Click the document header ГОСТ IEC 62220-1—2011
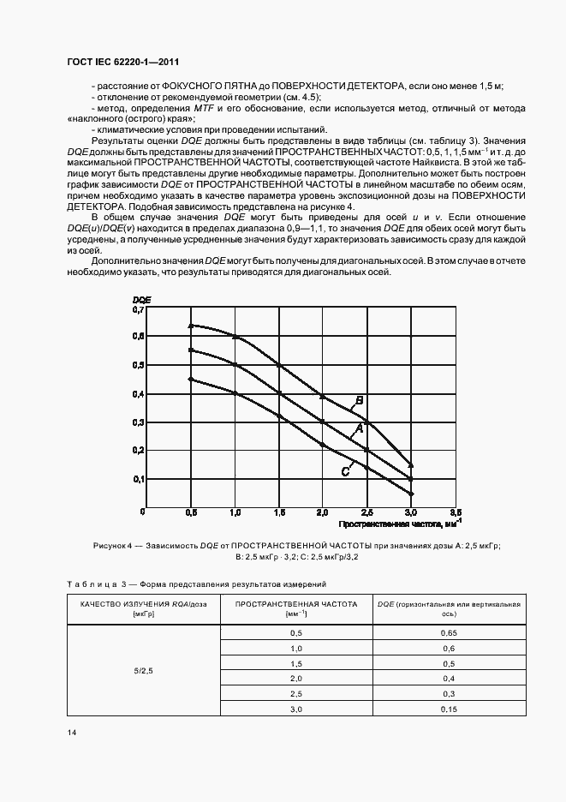point(122,63)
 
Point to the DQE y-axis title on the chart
point(141,298)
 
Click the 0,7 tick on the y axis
point(139,310)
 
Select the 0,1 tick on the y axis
point(139,479)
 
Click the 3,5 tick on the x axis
point(455,512)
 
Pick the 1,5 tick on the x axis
point(279,512)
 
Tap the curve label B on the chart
point(360,399)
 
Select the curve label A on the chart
point(360,427)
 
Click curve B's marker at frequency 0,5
point(192,326)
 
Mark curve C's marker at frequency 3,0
point(411,494)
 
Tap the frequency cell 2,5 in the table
point(297,694)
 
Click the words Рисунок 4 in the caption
point(112,545)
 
